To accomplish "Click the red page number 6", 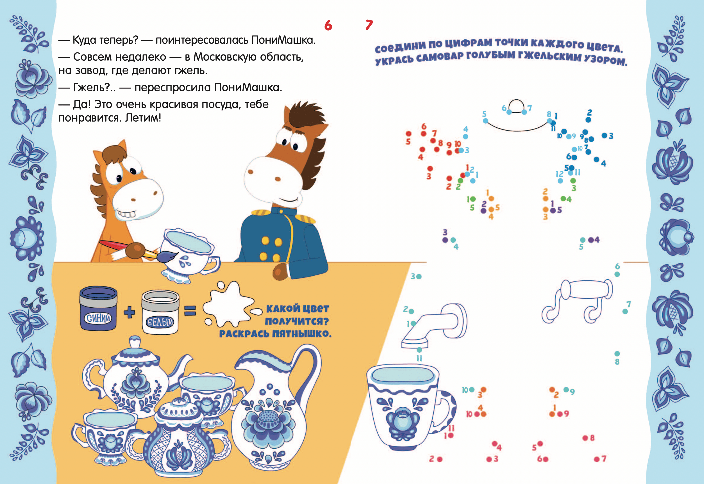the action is pos(328,25).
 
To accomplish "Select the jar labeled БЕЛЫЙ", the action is pos(160,312).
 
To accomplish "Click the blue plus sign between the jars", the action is pos(129,312).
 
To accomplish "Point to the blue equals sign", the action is pos(190,311).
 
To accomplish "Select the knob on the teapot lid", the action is pos(135,343).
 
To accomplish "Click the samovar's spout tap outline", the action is pos(434,326).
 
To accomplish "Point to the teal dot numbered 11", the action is pos(419,350).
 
